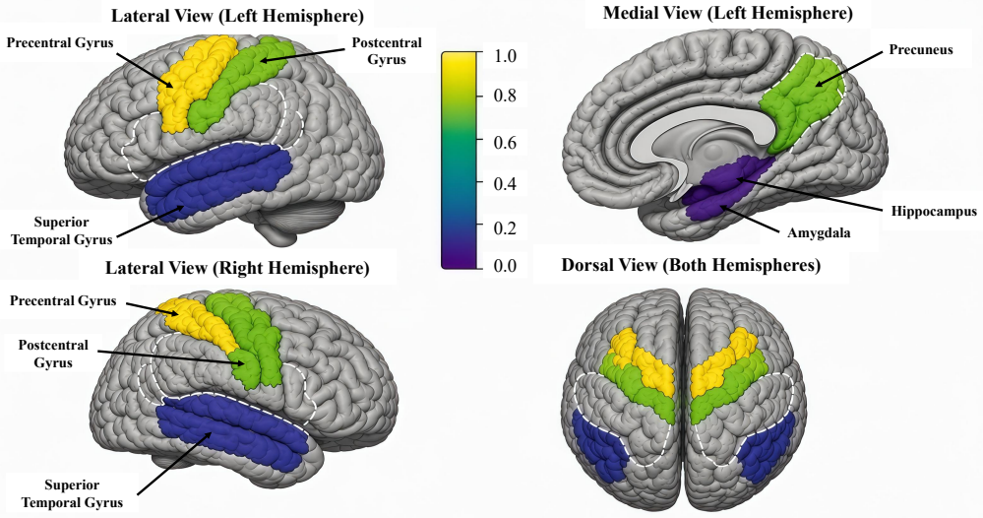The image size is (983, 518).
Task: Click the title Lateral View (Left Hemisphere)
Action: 237,16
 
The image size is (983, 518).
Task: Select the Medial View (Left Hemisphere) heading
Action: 728,13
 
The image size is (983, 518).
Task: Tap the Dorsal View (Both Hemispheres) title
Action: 691,265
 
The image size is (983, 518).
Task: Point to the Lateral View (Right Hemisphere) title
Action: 237,269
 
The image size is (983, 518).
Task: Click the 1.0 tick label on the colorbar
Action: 505,56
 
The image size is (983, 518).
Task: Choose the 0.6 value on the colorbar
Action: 505,143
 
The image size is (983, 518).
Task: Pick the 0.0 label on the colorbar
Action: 505,266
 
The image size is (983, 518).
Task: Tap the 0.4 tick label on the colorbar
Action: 505,184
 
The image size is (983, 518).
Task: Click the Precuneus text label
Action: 921,50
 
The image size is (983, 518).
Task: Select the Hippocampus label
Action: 934,212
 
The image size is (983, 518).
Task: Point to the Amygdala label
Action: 819,233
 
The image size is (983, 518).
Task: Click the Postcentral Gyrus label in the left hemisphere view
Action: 387,51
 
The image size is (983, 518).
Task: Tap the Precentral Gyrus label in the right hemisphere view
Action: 63,301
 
